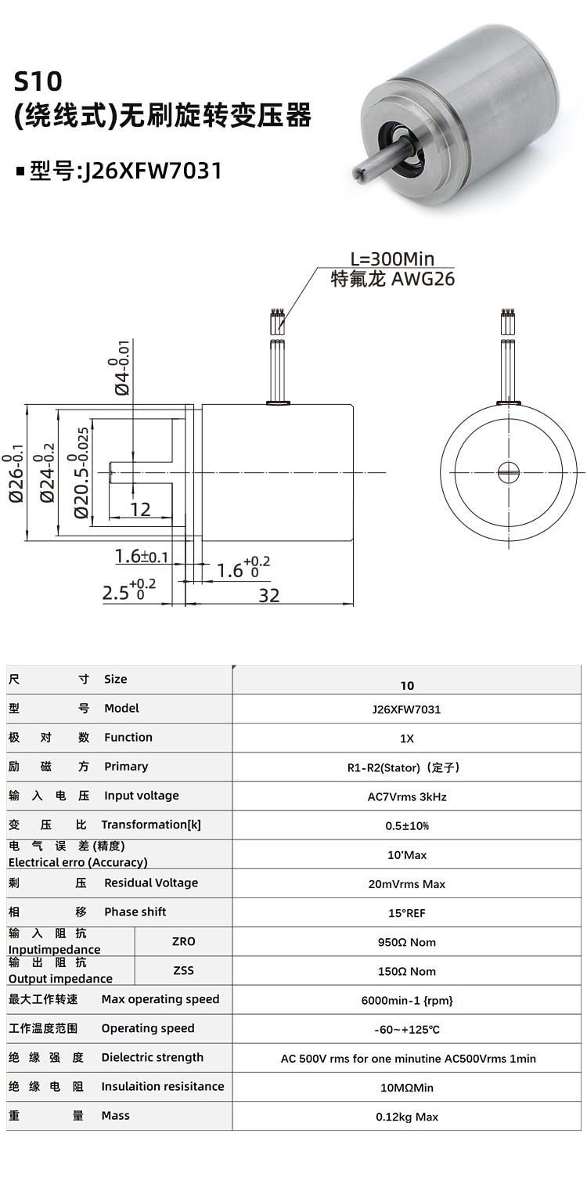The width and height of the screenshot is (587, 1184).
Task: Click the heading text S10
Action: (38, 81)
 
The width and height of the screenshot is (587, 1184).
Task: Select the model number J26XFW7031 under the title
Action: (149, 170)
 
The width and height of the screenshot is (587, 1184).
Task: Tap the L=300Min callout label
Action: (391, 259)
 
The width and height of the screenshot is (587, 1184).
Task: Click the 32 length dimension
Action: (268, 595)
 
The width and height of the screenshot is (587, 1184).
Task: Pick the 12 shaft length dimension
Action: (140, 510)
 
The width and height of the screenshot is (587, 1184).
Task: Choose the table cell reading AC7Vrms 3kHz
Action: (407, 797)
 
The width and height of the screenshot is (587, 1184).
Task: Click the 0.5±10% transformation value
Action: (407, 826)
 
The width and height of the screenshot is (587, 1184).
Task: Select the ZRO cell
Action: (183, 941)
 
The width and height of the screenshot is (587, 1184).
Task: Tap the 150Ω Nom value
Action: (407, 971)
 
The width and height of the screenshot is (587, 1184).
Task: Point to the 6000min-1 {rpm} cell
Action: (407, 1001)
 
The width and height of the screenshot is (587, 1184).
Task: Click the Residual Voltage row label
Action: (150, 883)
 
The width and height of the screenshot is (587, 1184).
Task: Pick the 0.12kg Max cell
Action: (407, 1117)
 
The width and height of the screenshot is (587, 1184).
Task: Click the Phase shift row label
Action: (135, 911)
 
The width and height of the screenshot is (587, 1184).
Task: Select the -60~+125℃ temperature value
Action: (407, 1030)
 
